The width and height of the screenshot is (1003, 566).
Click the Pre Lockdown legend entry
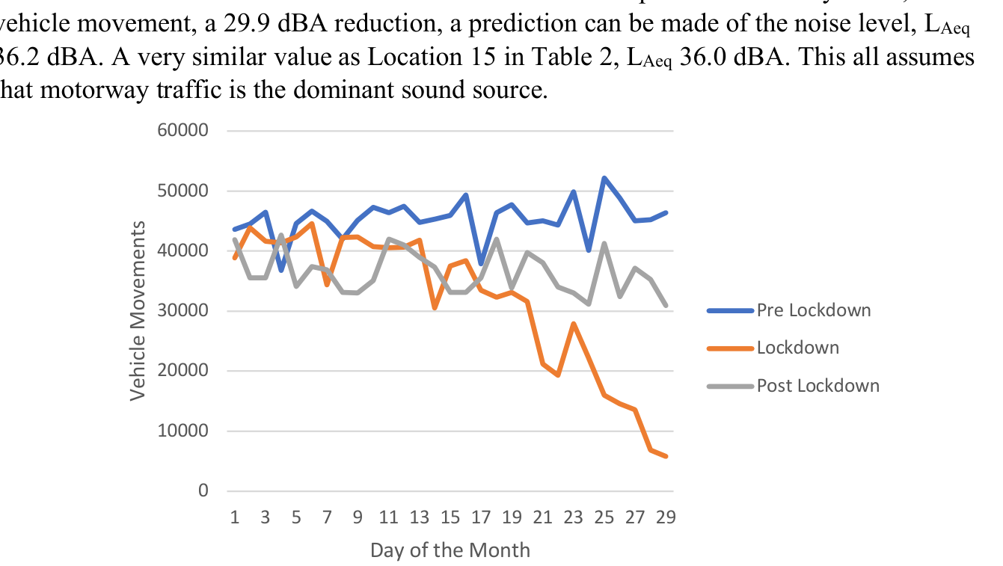813,310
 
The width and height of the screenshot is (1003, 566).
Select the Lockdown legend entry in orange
797,348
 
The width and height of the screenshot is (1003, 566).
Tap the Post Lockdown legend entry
818,386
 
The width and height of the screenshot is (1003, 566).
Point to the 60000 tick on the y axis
182,131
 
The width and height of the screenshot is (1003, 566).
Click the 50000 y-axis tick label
182,191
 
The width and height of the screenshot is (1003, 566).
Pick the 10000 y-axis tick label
182,431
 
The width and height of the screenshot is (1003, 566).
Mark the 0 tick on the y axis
202,491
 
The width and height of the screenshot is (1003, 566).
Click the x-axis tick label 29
666,517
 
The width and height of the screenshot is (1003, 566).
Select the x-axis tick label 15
450,517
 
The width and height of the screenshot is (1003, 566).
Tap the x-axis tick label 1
235,517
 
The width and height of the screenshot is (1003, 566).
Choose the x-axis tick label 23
574,517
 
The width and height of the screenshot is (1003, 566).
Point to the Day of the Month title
450,551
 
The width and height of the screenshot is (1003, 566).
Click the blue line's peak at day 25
604,178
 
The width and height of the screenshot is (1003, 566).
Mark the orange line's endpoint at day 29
666,456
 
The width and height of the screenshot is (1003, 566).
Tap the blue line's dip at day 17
481,264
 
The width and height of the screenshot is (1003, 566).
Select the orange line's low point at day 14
435,307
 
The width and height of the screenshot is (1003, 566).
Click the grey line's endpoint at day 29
666,305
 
